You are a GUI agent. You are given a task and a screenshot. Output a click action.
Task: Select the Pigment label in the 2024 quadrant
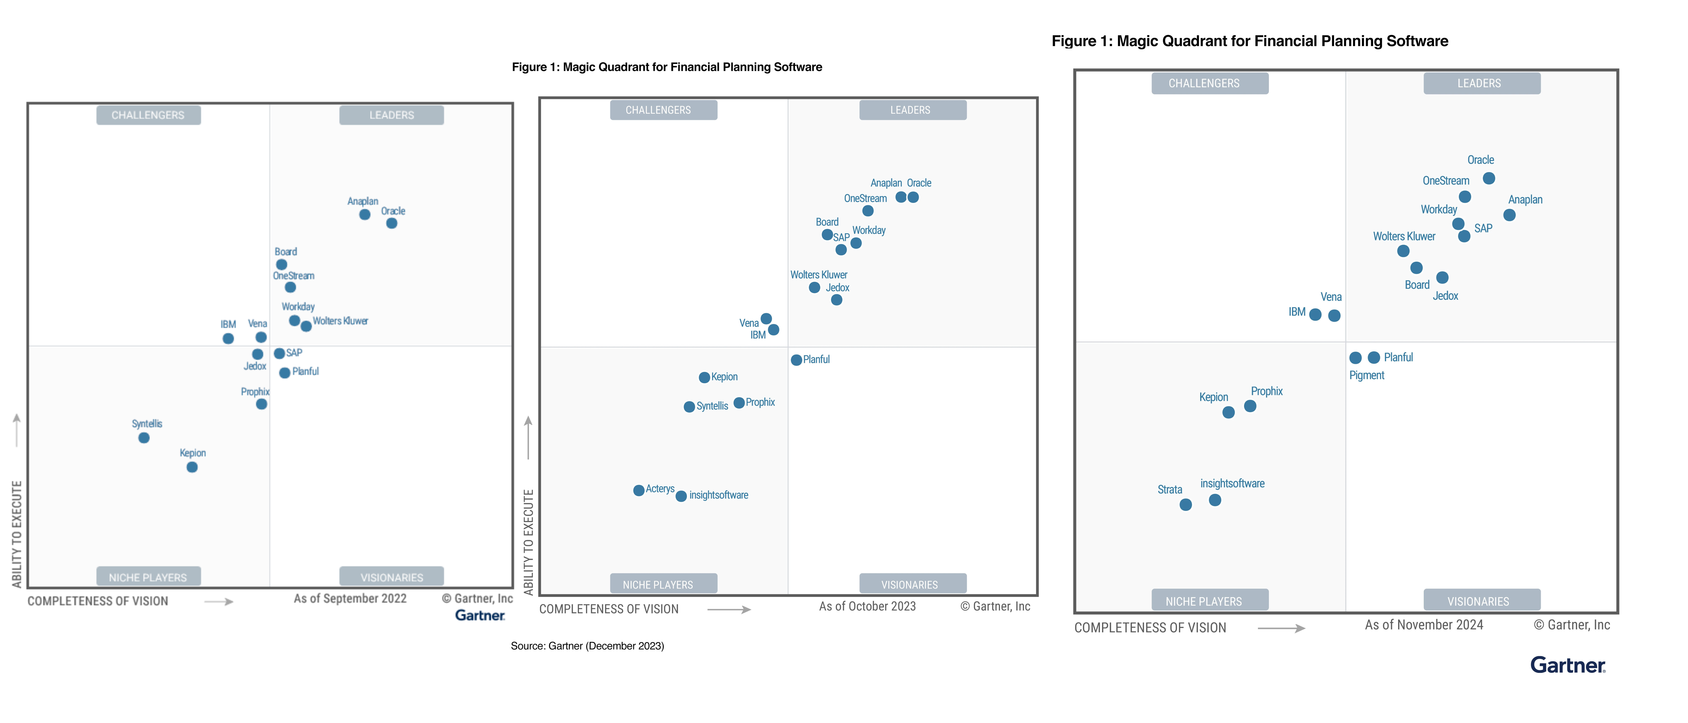click(x=1366, y=375)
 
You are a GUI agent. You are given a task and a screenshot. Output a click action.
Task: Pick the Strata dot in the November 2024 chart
click(x=1185, y=504)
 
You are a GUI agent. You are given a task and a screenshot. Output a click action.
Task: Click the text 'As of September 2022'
click(x=350, y=599)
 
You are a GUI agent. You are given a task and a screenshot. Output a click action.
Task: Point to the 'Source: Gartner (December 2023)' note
click(x=587, y=646)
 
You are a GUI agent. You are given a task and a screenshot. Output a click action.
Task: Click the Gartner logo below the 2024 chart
click(x=1567, y=665)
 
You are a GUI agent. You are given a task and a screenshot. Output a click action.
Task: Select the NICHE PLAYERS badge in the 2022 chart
click(x=148, y=577)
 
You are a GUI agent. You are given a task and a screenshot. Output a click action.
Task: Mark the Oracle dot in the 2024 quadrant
click(x=1489, y=178)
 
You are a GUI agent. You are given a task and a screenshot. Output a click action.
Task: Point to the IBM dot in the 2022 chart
click(x=228, y=339)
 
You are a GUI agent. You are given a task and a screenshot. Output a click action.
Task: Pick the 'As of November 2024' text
click(x=1424, y=625)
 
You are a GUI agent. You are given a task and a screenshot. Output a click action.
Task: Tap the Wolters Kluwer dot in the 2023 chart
click(x=815, y=288)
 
